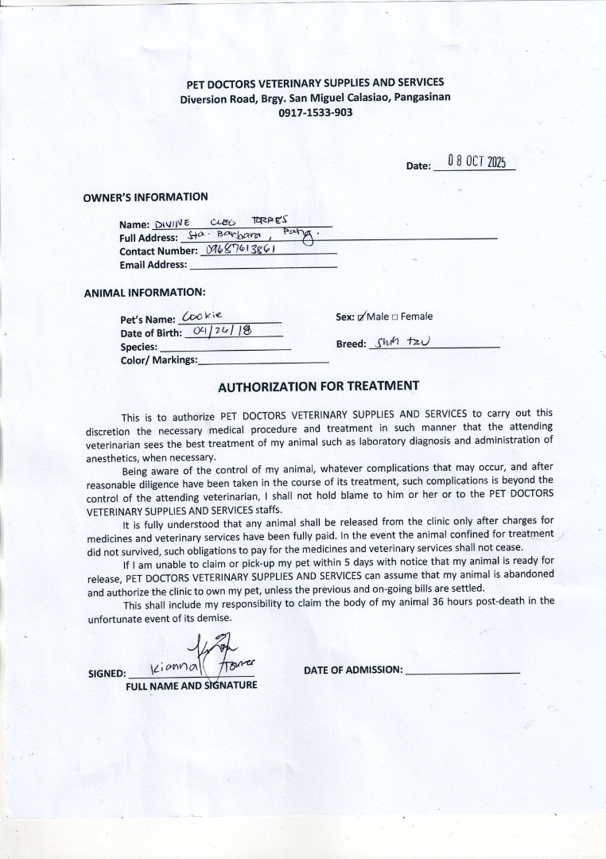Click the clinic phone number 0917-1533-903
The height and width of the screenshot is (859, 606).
tap(315, 113)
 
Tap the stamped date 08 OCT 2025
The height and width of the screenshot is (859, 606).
tap(476, 161)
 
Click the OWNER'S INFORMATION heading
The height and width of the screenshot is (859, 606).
tap(146, 197)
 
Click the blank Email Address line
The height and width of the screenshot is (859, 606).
tap(262, 265)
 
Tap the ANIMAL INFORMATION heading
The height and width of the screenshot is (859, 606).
tap(144, 293)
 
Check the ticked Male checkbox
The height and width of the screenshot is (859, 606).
tap(362, 317)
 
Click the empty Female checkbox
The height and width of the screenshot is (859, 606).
tap(395, 317)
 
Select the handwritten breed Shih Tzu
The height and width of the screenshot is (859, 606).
tap(405, 343)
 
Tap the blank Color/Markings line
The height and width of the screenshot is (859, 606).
tap(262, 361)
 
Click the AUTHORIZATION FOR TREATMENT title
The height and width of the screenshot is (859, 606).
tap(318, 387)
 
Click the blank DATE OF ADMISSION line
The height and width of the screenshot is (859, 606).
tap(462, 672)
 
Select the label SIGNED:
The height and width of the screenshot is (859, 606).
tap(107, 674)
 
